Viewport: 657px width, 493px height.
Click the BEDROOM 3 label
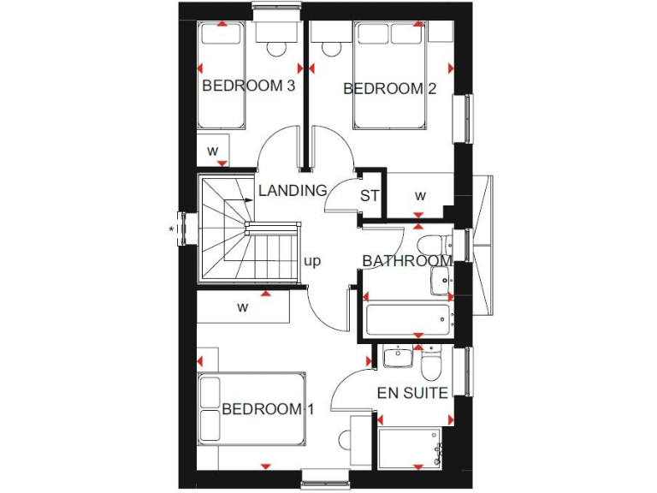coord(248,86)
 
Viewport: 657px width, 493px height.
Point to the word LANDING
coord(293,190)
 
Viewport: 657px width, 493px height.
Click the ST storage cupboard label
coord(369,196)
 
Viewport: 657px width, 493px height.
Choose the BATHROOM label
coord(406,260)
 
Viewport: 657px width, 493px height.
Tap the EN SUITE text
coord(412,393)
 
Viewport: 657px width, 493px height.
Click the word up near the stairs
coord(312,261)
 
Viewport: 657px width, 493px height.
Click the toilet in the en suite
coord(430,364)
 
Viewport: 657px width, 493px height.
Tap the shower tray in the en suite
coord(411,448)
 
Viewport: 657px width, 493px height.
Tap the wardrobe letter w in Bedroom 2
coord(420,195)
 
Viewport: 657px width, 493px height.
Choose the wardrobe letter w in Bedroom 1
coord(243,305)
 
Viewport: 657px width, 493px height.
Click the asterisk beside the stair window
coord(172,229)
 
